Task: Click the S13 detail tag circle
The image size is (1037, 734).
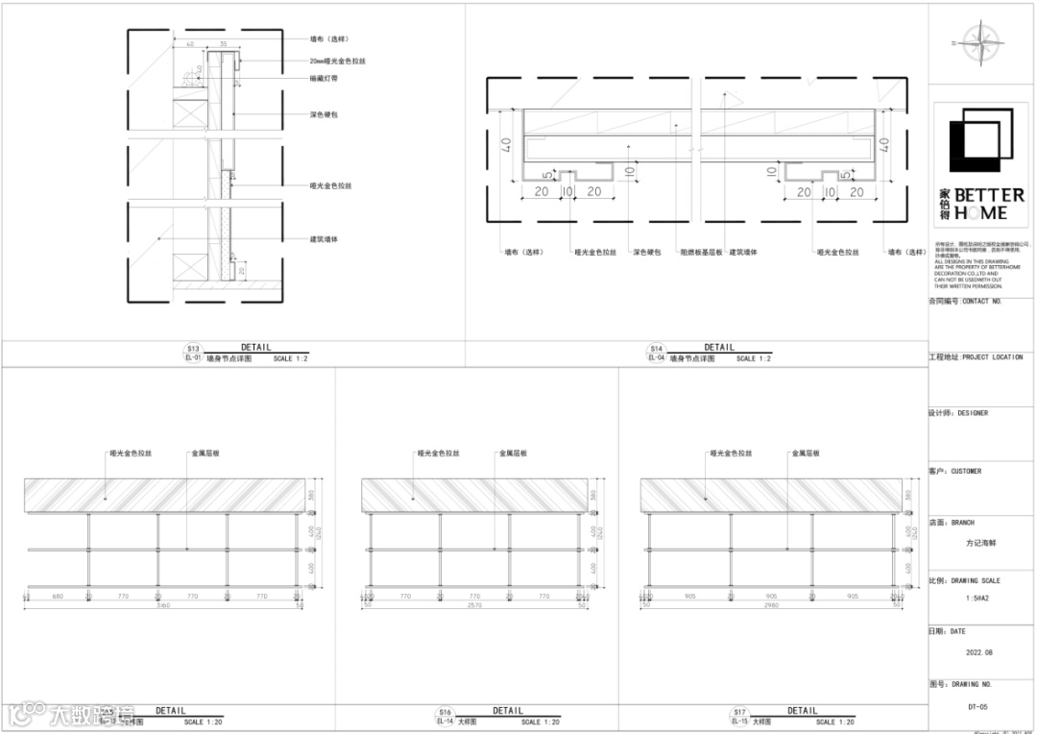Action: pos(193,349)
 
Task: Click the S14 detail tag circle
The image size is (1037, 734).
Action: pos(657,349)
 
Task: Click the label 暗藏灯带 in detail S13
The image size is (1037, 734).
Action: pos(323,78)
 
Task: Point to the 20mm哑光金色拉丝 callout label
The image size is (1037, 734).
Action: pos(337,61)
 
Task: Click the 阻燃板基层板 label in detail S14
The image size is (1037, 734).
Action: pos(700,253)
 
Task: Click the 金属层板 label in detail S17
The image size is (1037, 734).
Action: pos(805,453)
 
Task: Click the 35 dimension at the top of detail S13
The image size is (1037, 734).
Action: pos(223,44)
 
